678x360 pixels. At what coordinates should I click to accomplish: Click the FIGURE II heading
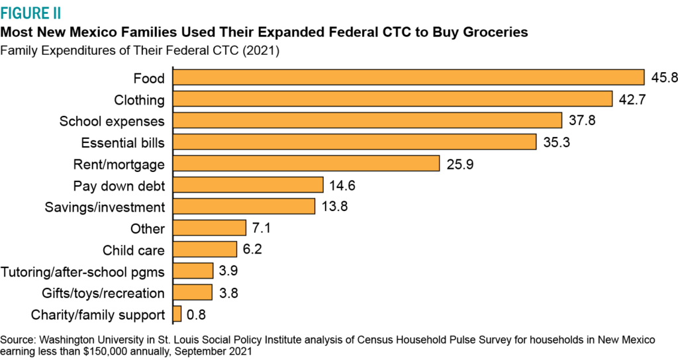(32, 12)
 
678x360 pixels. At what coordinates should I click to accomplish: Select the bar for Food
(409, 77)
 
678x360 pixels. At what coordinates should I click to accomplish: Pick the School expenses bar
(367, 120)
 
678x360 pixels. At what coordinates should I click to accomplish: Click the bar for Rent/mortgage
(307, 163)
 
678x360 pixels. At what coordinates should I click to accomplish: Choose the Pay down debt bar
(248, 185)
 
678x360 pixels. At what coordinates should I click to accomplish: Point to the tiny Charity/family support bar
(177, 314)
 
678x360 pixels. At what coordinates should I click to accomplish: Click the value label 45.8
(663, 78)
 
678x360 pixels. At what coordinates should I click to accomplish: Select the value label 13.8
(334, 206)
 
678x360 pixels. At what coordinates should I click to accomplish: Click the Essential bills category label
(122, 142)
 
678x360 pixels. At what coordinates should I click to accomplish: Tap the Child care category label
(133, 249)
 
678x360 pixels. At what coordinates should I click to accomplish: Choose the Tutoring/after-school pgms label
(83, 271)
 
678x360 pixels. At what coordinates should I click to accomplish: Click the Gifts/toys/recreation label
(93, 292)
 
